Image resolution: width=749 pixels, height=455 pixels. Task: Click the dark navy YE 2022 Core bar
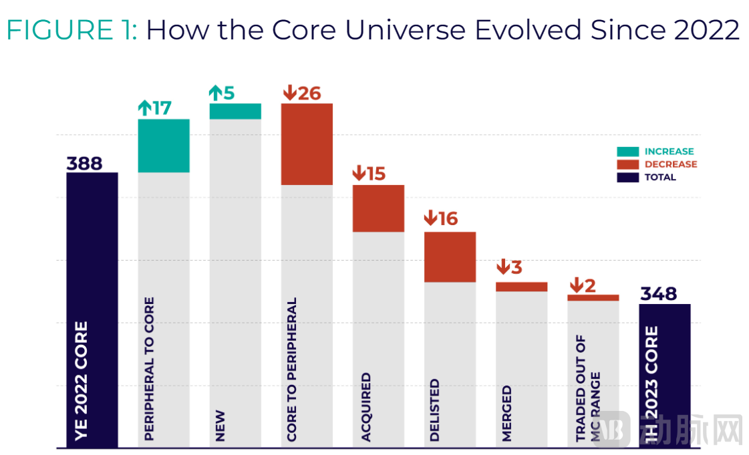92,310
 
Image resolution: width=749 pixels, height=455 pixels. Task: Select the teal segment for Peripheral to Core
164,146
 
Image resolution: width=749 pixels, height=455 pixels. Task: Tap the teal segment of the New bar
235,111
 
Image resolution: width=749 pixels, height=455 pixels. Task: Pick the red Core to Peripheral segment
307,144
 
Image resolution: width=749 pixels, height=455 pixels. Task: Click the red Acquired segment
378,208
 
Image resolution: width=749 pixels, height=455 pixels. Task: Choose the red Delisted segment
450,257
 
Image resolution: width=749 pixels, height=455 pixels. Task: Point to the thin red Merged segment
522,287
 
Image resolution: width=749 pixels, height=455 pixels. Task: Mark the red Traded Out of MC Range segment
593,297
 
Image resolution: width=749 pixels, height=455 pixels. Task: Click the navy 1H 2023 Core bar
665,375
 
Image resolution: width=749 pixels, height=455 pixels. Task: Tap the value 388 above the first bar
85,163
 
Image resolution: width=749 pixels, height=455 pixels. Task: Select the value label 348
659,293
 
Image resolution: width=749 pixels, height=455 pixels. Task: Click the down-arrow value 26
302,93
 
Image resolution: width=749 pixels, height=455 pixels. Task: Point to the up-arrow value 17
155,108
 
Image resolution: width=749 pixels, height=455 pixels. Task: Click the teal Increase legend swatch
627,152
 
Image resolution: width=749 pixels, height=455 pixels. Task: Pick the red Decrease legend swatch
627,165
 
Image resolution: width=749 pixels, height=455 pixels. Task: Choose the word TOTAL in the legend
660,177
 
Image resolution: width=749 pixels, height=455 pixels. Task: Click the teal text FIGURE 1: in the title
72,30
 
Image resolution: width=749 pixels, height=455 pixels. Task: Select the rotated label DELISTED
434,410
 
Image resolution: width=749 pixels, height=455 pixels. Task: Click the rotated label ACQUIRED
366,407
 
